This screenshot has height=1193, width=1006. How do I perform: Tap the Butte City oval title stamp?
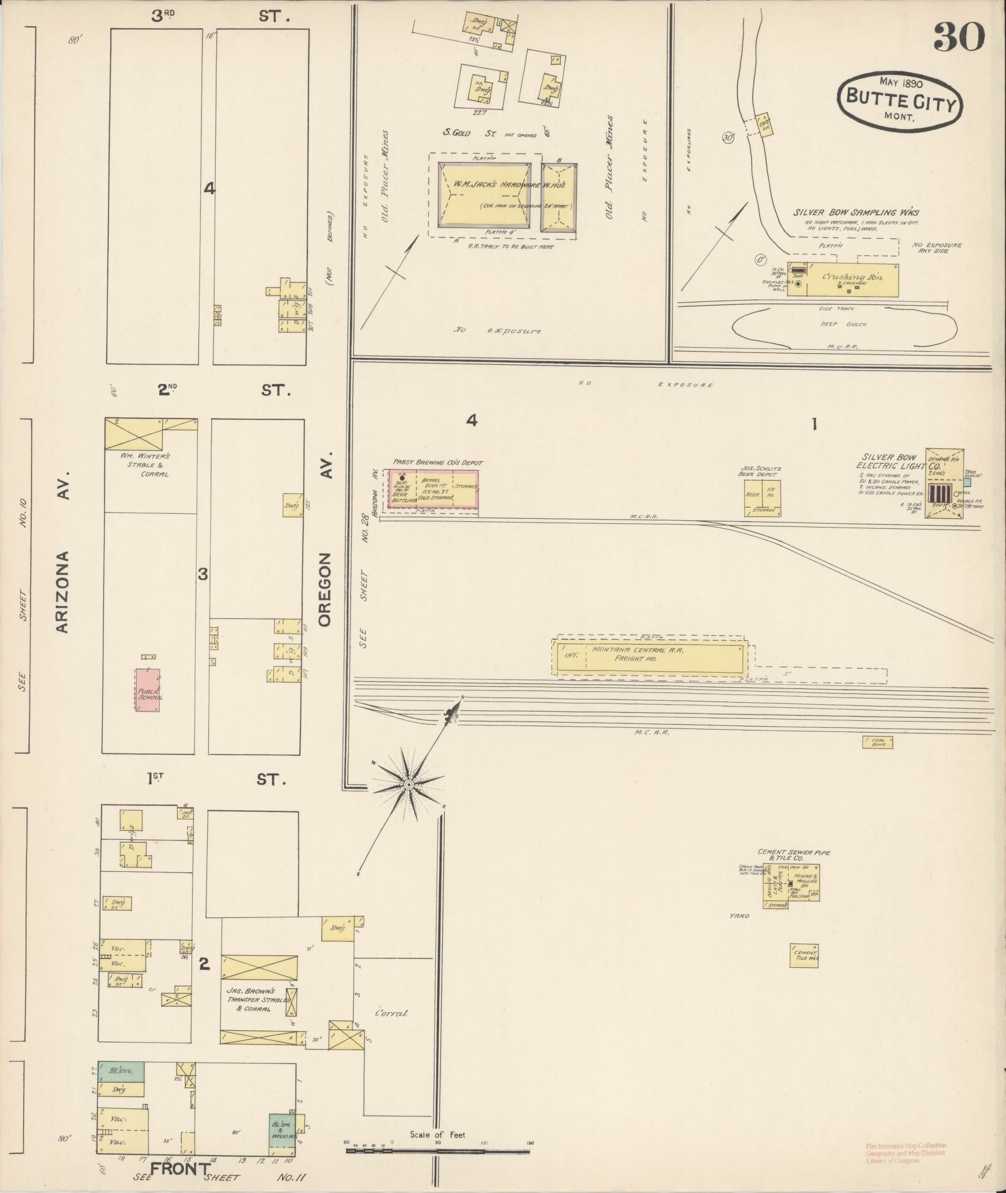point(899,100)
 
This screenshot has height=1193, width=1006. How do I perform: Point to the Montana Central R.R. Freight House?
point(649,655)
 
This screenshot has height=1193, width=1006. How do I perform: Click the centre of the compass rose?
point(409,784)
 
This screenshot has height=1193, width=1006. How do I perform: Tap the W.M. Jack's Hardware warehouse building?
point(484,195)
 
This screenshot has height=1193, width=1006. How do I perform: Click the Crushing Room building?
point(843,279)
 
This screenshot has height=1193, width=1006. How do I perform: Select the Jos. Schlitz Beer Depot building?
point(762,498)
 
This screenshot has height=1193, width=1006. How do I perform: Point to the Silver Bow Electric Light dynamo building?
point(944,483)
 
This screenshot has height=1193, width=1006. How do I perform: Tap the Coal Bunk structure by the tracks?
point(878,742)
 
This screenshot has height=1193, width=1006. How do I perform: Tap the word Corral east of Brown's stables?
point(391,1013)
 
